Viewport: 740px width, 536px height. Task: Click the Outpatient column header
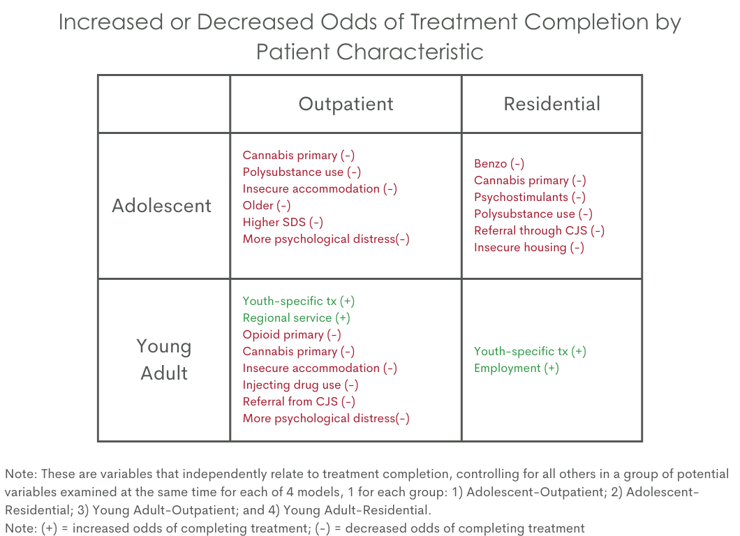tap(346, 104)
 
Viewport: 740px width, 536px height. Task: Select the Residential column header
tap(552, 104)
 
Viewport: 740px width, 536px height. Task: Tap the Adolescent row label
tap(161, 206)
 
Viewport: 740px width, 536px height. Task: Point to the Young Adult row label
tap(164, 359)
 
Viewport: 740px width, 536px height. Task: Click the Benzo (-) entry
tap(499, 164)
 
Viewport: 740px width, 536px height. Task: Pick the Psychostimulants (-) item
tap(529, 198)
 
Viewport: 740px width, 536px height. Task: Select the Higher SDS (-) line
tap(283, 222)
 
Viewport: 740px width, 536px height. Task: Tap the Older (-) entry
tap(266, 206)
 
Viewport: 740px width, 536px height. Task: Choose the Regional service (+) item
tap(296, 318)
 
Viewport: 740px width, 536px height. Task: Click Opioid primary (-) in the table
tap(292, 335)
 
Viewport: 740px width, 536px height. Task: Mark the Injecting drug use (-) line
tap(300, 385)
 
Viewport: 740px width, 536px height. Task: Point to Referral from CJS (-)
tap(299, 401)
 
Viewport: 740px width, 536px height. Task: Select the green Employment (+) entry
tap(517, 368)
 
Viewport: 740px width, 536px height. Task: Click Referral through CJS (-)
tap(539, 231)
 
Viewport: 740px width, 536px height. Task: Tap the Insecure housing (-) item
tap(528, 248)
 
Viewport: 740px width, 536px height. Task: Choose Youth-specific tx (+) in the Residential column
tap(530, 352)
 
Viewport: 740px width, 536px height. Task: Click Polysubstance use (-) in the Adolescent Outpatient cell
tap(302, 172)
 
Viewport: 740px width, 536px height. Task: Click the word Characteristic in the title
tap(410, 52)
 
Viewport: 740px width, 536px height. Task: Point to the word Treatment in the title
tap(464, 22)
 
